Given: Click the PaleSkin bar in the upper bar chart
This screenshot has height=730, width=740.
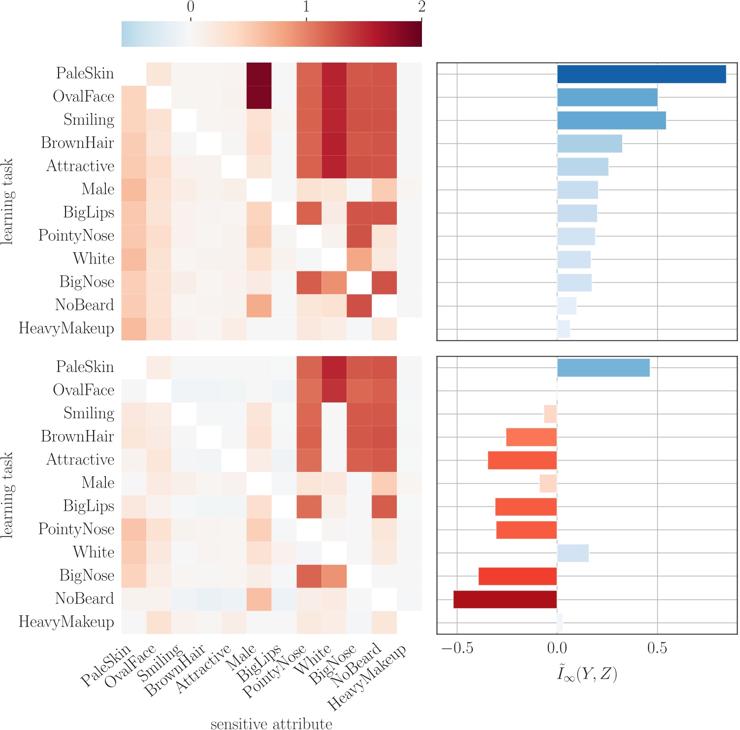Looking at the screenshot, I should tap(641, 74).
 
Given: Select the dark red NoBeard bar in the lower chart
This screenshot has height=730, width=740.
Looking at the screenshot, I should tap(505, 599).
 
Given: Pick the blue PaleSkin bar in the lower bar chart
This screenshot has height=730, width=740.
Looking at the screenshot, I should tap(603, 367).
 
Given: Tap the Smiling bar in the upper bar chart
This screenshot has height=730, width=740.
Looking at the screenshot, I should tap(611, 120).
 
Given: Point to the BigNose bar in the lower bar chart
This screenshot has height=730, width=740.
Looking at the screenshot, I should tap(517, 576).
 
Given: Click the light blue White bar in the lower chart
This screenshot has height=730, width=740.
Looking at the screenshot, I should tap(573, 553).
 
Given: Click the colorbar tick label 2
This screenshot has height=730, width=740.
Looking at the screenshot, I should tap(421, 7).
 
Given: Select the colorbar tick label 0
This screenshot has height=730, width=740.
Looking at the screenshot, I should tap(191, 7).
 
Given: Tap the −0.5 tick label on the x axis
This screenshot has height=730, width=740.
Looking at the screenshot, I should tap(457, 648).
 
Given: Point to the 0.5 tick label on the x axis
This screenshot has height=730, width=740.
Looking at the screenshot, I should tap(657, 648).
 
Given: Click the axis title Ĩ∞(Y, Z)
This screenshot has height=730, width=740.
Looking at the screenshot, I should tap(587, 673).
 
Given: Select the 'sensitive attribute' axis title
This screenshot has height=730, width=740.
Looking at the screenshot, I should tap(271, 723).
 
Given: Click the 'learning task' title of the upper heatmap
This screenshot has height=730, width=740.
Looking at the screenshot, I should tap(7, 201).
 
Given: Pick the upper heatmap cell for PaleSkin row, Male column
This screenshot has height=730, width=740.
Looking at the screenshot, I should tap(259, 74).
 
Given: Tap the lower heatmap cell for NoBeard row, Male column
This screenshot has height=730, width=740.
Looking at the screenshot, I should tap(259, 599).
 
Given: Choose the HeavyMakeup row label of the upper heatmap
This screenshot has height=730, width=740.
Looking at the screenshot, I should tap(66, 329).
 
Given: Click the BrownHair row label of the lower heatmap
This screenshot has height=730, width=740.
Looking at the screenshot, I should tap(77, 436).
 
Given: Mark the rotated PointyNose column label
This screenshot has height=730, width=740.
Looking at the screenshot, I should tap(274, 671).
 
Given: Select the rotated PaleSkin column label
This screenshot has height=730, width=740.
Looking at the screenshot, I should tap(106, 665).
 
